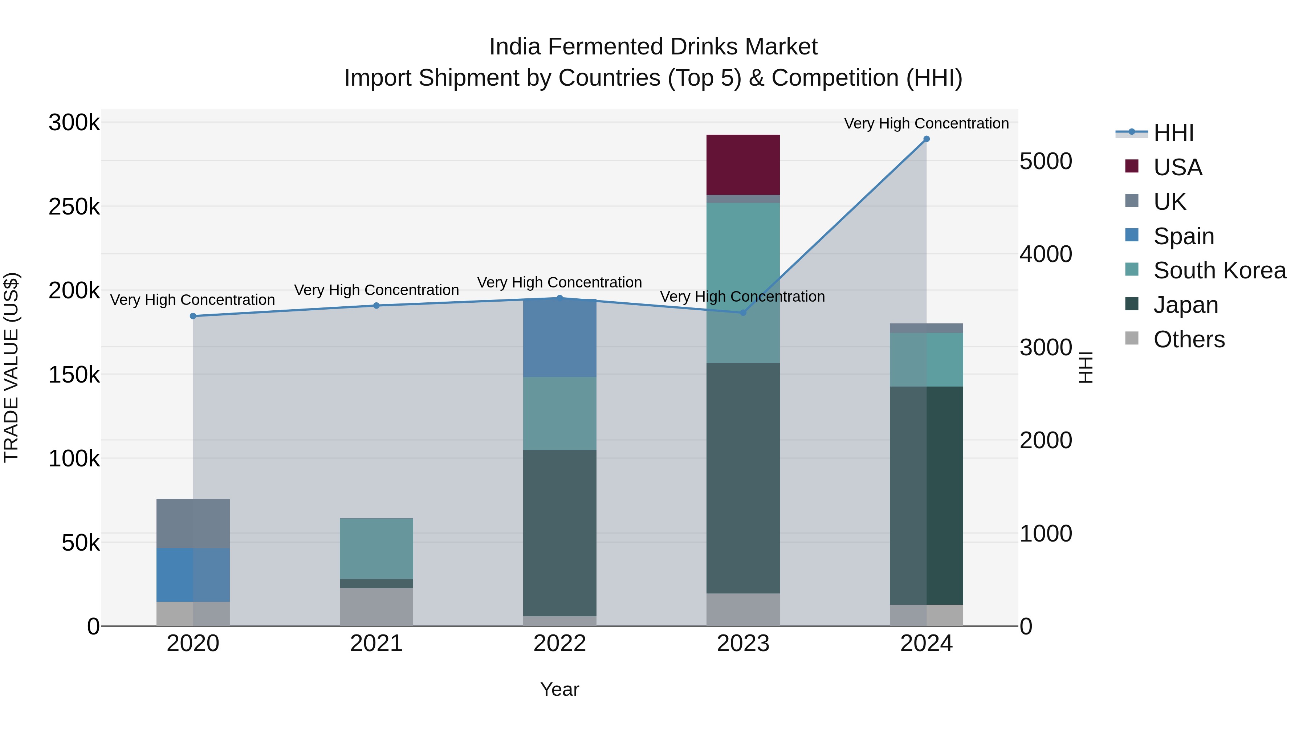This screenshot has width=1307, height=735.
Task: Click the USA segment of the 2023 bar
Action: coord(743,164)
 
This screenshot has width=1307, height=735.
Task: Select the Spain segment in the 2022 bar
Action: coord(559,338)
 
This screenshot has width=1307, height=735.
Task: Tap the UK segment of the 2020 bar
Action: coord(193,523)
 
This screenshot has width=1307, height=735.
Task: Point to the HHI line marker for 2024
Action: coord(927,139)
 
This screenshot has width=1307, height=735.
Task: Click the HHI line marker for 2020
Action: coord(193,316)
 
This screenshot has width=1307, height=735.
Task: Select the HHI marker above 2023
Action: coord(743,313)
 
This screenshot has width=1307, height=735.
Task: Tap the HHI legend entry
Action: coord(1173,133)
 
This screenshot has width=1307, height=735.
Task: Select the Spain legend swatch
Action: coord(1131,235)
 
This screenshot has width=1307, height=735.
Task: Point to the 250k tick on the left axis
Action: coord(74,207)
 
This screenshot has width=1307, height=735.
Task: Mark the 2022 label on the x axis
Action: coord(559,644)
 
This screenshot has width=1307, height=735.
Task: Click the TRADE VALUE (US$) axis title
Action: coord(11,367)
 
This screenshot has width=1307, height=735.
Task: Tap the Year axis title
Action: coord(559,689)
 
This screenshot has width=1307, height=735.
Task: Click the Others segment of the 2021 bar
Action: coord(376,607)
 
